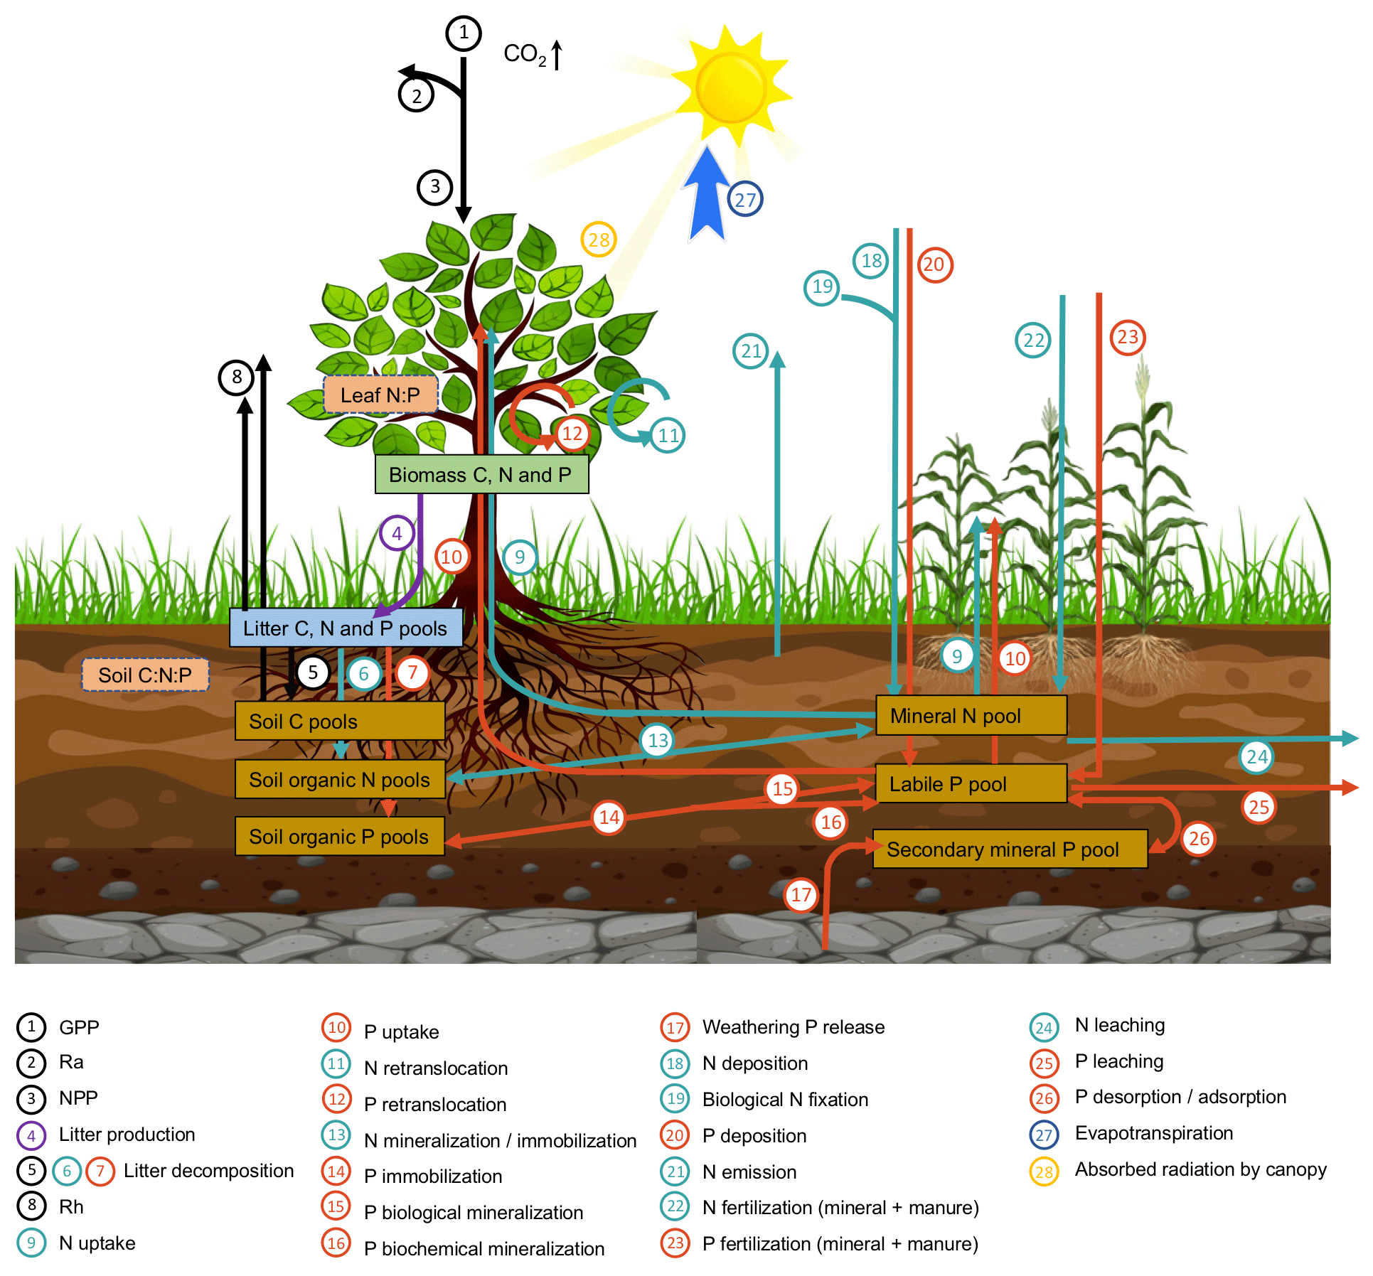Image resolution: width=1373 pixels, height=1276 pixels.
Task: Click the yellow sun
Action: click(731, 87)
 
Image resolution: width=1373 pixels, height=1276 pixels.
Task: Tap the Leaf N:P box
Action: click(380, 395)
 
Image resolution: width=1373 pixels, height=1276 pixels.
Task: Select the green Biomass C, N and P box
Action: click(481, 474)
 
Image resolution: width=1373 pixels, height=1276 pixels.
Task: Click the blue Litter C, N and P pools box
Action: click(346, 628)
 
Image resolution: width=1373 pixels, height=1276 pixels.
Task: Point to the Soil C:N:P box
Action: click(145, 675)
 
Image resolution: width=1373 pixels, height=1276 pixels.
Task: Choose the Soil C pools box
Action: click(340, 721)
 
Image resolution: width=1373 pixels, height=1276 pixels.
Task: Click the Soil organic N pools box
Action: click(340, 779)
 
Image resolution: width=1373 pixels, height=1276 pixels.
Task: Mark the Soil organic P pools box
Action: click(340, 836)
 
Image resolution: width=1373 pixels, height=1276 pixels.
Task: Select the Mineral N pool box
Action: click(971, 715)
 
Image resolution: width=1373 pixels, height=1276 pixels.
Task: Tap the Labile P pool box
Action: click(971, 783)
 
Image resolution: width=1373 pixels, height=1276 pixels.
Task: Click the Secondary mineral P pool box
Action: click(1010, 849)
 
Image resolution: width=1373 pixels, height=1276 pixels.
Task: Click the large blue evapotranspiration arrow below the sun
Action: click(707, 195)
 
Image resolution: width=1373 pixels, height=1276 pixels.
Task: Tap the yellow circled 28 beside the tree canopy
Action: click(599, 240)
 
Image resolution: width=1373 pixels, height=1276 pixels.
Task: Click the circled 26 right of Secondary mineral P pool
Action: click(1199, 839)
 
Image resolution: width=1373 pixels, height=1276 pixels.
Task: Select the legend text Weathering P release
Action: click(794, 1027)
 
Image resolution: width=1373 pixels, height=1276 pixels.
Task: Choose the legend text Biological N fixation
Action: click(785, 1100)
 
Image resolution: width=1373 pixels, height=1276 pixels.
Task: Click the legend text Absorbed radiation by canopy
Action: click(1200, 1169)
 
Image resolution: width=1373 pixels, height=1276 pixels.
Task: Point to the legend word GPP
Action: click(79, 1027)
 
